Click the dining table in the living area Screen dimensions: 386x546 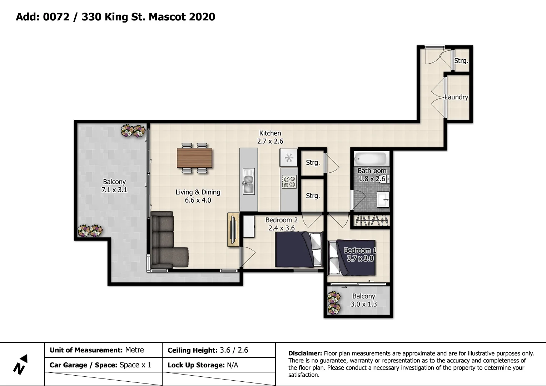(x=194, y=158)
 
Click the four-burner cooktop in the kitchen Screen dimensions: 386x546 (x=289, y=181)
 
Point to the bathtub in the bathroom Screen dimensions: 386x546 (x=371, y=158)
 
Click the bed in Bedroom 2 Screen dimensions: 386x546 (x=298, y=249)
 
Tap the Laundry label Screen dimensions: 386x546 (x=456, y=97)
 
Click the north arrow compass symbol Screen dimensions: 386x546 (x=20, y=365)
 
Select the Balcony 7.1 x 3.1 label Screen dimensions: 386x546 (x=114, y=186)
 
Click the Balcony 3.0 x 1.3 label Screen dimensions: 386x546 (x=363, y=300)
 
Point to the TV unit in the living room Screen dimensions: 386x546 (x=233, y=229)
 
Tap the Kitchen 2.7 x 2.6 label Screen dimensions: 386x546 (x=270, y=137)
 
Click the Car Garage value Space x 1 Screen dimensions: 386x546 (x=135, y=365)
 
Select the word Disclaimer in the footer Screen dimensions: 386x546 (x=305, y=353)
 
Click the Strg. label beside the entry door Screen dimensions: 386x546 (x=461, y=61)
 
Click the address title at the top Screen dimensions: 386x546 (x=115, y=17)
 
